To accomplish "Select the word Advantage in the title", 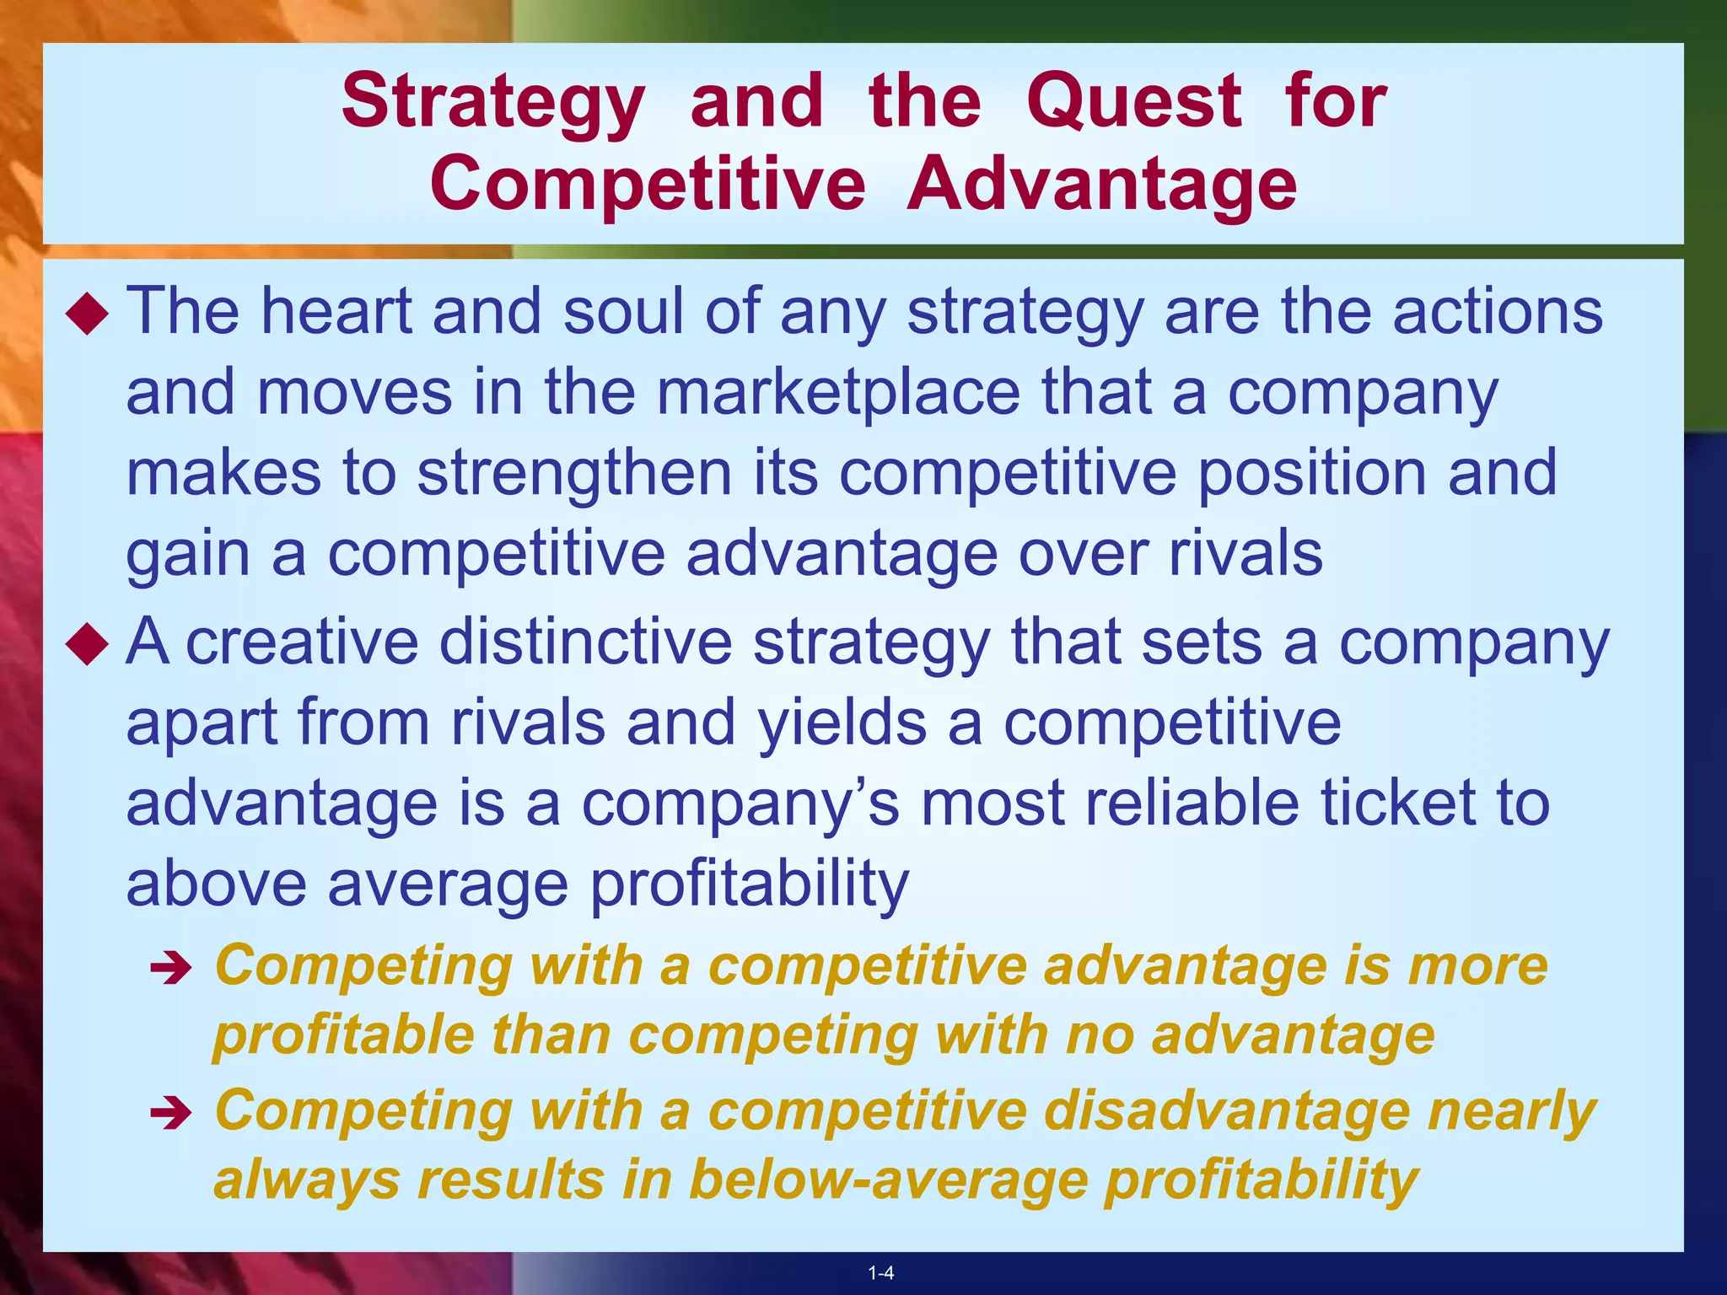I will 1101,185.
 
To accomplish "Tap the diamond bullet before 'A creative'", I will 88,647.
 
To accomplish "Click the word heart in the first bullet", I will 334,311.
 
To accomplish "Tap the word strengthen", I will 574,473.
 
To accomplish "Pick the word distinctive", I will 585,642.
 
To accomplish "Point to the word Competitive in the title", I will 647,185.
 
